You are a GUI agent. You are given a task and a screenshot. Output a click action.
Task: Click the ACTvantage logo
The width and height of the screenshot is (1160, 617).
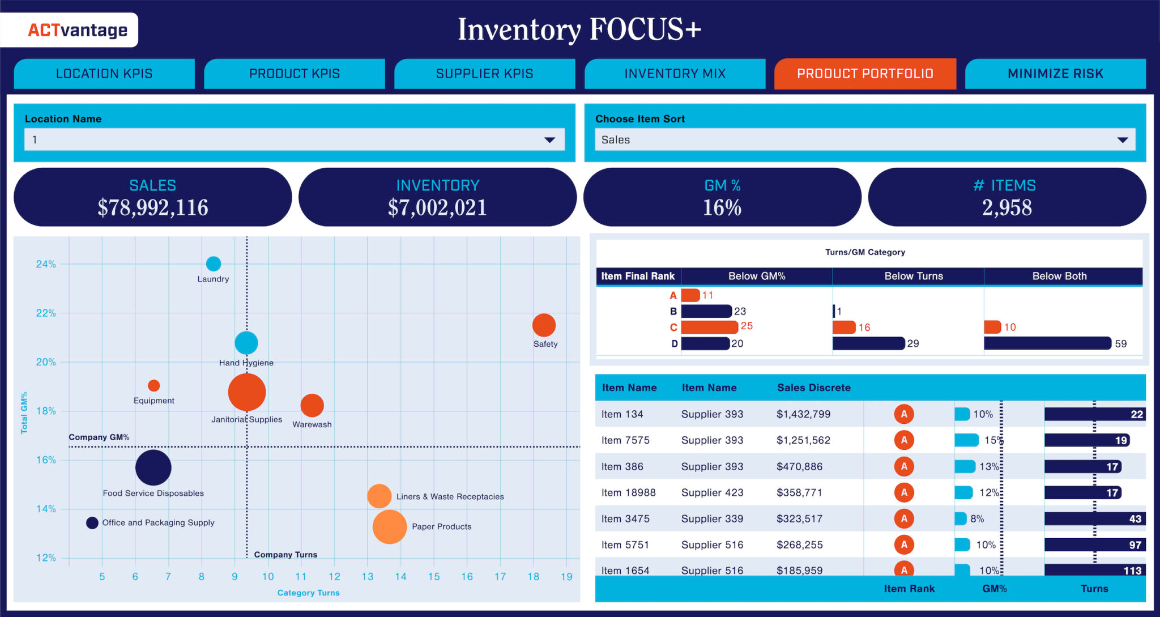coord(77,30)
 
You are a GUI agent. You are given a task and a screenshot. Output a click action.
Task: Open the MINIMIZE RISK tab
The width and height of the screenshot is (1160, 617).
coord(1055,74)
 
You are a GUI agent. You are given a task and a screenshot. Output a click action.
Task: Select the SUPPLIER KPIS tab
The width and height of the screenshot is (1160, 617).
coord(484,74)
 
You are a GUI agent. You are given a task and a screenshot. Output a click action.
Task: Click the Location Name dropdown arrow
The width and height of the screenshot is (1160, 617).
coord(549,140)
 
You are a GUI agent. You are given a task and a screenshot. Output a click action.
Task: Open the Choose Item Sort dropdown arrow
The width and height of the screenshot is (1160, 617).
coord(1122,140)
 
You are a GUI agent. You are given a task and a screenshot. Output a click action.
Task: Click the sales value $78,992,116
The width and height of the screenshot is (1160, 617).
coord(153,207)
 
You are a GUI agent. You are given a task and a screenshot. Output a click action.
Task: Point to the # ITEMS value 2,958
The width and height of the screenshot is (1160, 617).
coord(1007,207)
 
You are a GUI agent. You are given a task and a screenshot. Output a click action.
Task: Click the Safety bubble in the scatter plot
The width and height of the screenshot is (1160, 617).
coord(544,325)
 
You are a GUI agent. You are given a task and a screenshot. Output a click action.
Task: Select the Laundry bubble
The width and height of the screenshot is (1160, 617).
coord(214,263)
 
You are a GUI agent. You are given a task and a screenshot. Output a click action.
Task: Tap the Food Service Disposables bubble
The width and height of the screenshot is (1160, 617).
coord(153,467)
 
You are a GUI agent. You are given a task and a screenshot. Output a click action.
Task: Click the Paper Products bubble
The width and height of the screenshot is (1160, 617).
coord(390,526)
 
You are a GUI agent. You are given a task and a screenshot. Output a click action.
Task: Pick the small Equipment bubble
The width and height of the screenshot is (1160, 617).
coord(153,385)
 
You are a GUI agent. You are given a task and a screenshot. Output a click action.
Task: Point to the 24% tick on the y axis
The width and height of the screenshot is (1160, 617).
coord(46,264)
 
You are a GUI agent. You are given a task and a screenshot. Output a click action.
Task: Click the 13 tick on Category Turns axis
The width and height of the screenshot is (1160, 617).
coord(368,577)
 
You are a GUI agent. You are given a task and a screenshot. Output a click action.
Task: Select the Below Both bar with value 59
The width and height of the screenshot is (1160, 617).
coord(1047,343)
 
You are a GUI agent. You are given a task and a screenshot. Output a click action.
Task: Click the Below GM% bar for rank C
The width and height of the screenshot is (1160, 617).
coord(709,327)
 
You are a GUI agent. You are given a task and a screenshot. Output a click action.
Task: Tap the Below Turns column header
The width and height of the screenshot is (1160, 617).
coord(913,276)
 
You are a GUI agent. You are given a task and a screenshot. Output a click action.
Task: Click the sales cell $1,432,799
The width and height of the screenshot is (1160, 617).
coord(803,414)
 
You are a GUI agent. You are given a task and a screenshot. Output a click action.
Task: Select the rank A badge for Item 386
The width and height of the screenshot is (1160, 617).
coord(904,466)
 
